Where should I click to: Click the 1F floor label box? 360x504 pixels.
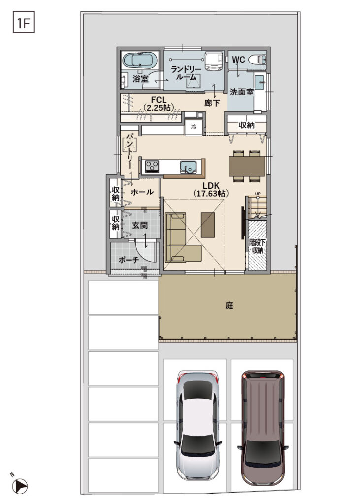[x=24, y=22]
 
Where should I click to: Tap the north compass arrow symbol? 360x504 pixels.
[x=21, y=485]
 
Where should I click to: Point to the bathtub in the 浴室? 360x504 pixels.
[x=137, y=60]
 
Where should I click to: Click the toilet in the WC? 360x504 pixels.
[x=257, y=60]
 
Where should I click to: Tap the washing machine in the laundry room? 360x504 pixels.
[x=214, y=60]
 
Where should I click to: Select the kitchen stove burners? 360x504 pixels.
[x=152, y=166]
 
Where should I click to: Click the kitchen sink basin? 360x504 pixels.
[x=189, y=167]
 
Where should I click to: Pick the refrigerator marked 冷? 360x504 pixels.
[x=194, y=127]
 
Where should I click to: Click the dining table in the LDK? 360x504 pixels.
[x=247, y=166]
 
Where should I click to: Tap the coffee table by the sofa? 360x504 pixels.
[x=207, y=224]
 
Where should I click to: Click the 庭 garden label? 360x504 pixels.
[x=229, y=305]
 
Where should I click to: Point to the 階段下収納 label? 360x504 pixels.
[x=258, y=246]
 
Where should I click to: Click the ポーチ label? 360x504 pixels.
[x=129, y=260]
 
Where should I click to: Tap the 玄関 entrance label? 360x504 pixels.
[x=140, y=225]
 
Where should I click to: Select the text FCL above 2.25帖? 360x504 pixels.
[x=159, y=100]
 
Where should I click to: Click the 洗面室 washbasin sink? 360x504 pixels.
[x=260, y=82]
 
